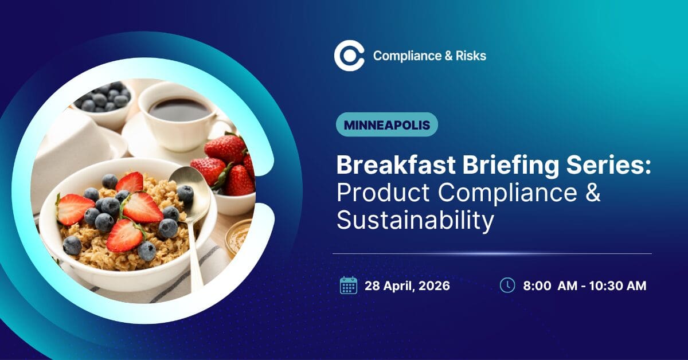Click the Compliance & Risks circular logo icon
pyautogui.click(x=349, y=56)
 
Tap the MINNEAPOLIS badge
pyautogui.click(x=386, y=124)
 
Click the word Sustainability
pyautogui.click(x=415, y=221)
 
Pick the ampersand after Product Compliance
pyautogui.click(x=593, y=193)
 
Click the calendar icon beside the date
pyautogui.click(x=348, y=285)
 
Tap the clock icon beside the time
pyautogui.click(x=507, y=285)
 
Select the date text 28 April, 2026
pyautogui.click(x=407, y=285)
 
